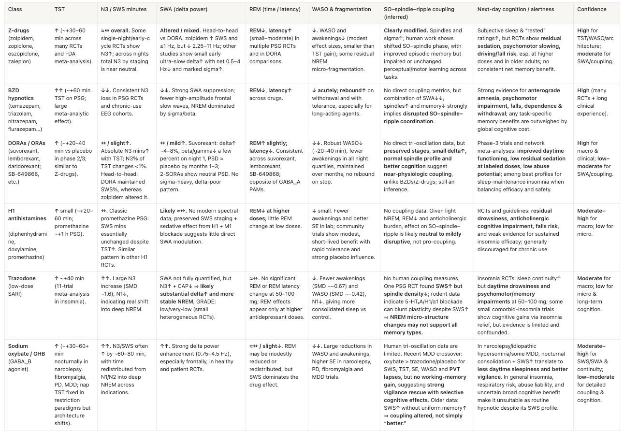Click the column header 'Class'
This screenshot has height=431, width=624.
15,9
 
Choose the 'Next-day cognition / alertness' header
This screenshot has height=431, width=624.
515,9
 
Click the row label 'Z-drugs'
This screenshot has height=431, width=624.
19,30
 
